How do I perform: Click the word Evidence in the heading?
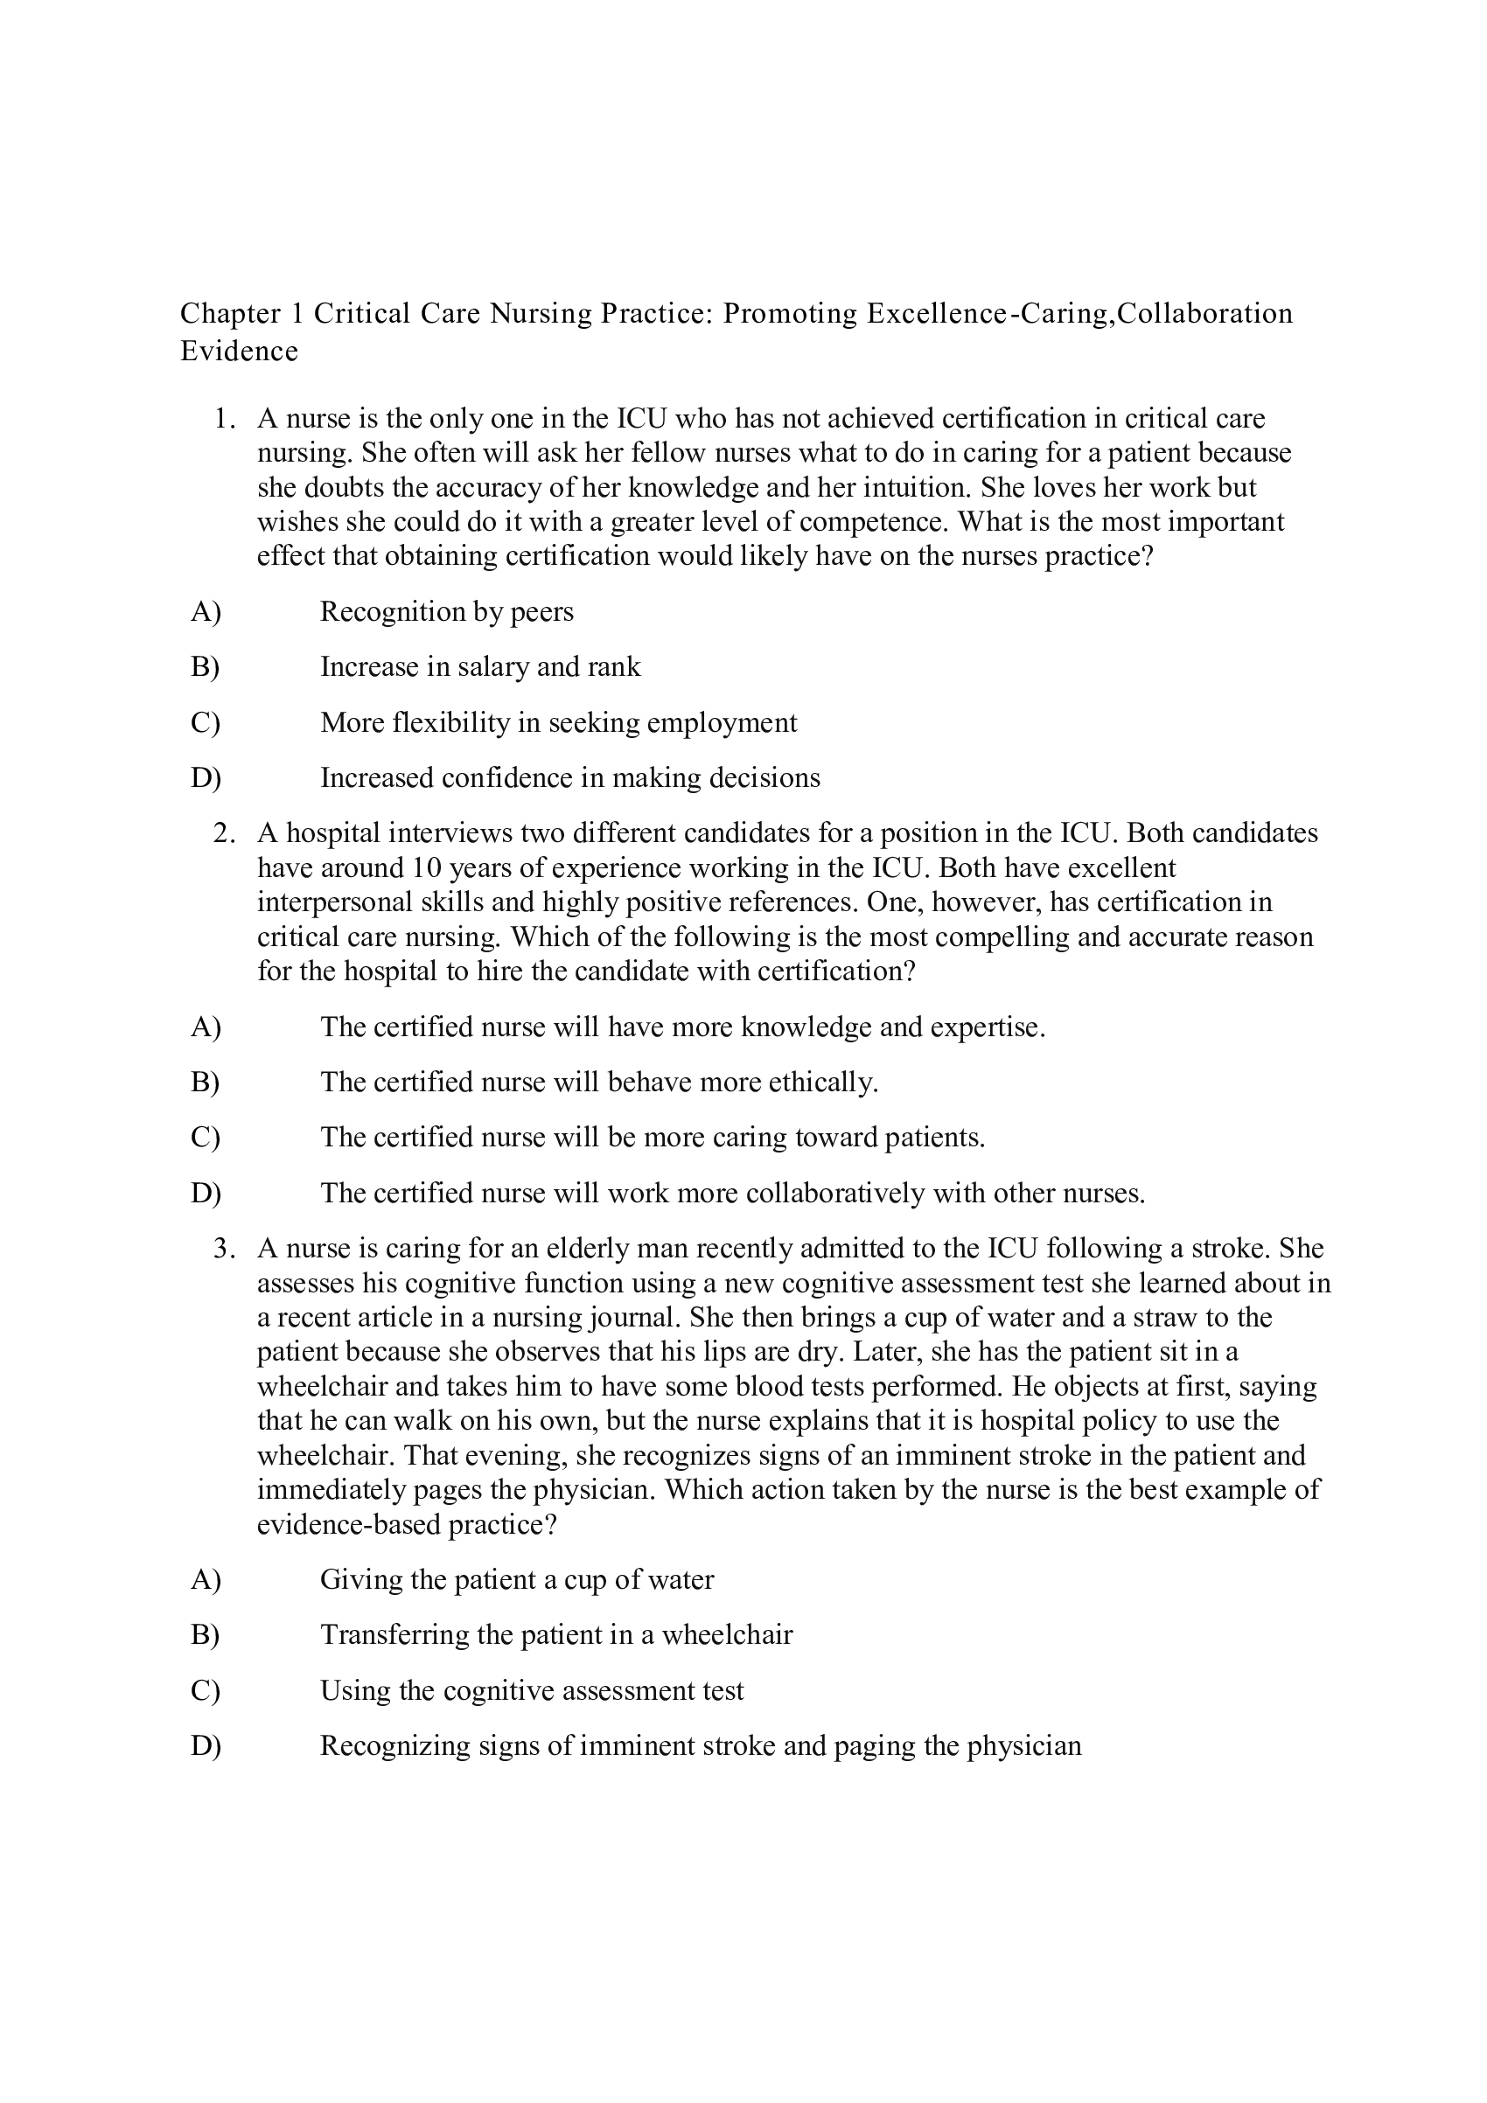tap(239, 352)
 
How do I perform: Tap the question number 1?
tap(224, 420)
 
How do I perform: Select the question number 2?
tap(224, 833)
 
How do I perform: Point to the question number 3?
tap(224, 1250)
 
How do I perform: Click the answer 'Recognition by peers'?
tap(446, 612)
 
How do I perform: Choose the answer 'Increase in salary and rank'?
tap(480, 667)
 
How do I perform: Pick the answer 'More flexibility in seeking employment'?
tap(558, 722)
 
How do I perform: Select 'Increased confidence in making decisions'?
tap(570, 778)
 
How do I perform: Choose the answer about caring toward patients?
tap(653, 1138)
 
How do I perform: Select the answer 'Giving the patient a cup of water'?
tap(517, 1580)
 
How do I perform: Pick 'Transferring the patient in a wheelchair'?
tap(556, 1635)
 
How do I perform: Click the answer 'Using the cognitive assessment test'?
tap(532, 1691)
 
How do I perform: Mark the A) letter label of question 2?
tap(206, 1027)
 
